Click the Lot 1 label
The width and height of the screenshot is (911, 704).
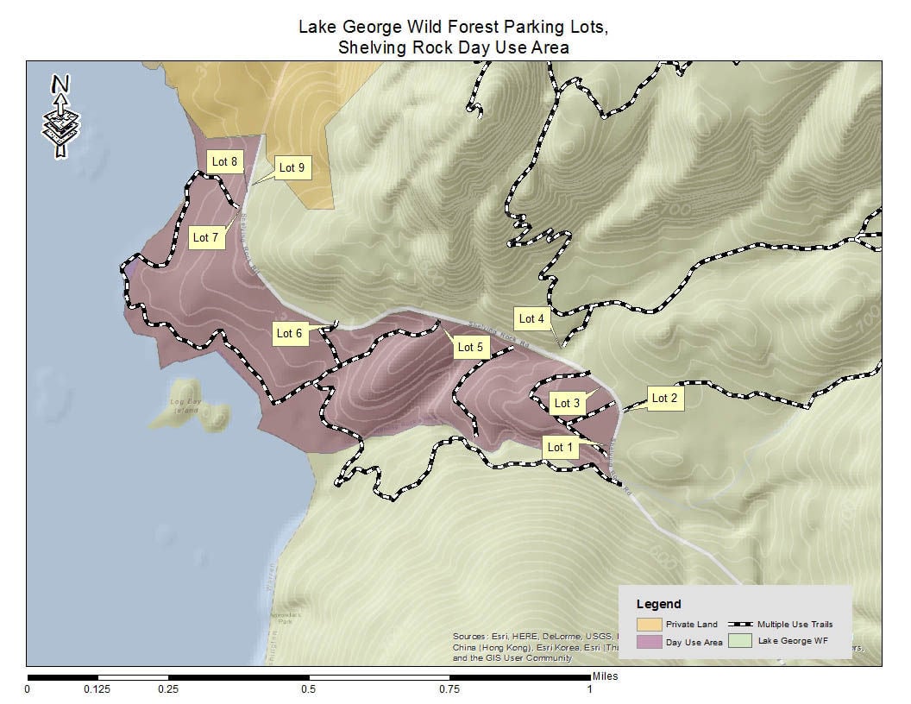[x=561, y=447]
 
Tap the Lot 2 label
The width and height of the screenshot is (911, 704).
[x=664, y=398]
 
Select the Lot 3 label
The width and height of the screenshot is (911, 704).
[x=567, y=403]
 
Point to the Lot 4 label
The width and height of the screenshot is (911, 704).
[x=531, y=318]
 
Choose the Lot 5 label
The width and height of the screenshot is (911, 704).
[x=470, y=347]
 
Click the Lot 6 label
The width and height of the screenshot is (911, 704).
[x=290, y=333]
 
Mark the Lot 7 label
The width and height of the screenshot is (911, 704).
[x=205, y=237]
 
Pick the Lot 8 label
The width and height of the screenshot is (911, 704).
[x=224, y=161]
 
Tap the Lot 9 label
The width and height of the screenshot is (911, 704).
[x=292, y=167]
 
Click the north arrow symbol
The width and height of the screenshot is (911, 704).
[x=60, y=116]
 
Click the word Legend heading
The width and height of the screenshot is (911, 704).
[x=658, y=604]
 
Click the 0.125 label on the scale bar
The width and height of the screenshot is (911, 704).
[x=97, y=689]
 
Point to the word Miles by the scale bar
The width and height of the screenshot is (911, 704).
[x=604, y=677]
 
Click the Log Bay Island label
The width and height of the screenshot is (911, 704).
[x=184, y=406]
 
